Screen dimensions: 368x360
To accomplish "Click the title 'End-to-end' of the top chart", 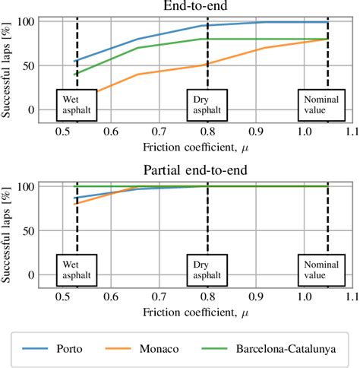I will (197, 6).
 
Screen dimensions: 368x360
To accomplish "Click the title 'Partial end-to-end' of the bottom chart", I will (197, 171).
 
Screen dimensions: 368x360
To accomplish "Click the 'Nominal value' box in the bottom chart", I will (327, 268).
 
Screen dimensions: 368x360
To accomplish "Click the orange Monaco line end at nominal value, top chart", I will (327, 40).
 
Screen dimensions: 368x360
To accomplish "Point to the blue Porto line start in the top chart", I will (74, 62).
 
